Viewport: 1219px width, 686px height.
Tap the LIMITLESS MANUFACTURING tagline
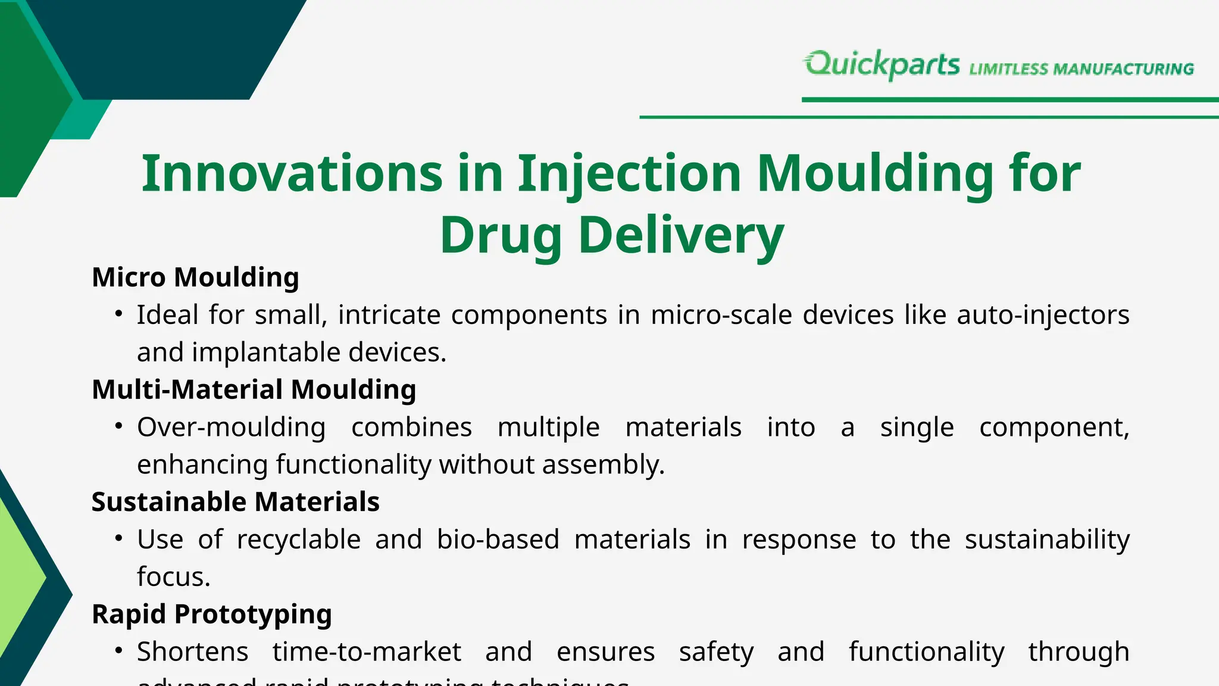(x=1082, y=69)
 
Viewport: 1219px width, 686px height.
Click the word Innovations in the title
(x=292, y=174)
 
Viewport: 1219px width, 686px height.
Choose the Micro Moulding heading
(x=195, y=277)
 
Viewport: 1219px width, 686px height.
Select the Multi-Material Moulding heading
(x=254, y=390)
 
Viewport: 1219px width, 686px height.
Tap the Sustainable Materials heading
(x=235, y=502)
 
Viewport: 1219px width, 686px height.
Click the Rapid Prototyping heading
(x=211, y=615)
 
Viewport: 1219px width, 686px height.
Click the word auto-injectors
(x=1043, y=315)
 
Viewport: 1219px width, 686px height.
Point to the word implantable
(x=266, y=353)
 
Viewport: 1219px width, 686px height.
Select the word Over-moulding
(x=231, y=428)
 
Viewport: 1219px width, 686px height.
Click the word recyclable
(x=298, y=540)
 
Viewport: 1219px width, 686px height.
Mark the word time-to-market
(x=367, y=652)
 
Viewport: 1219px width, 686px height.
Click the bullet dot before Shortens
(x=119, y=651)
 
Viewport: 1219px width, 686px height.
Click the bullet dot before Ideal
(x=119, y=314)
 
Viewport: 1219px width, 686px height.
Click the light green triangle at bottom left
(x=18, y=578)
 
